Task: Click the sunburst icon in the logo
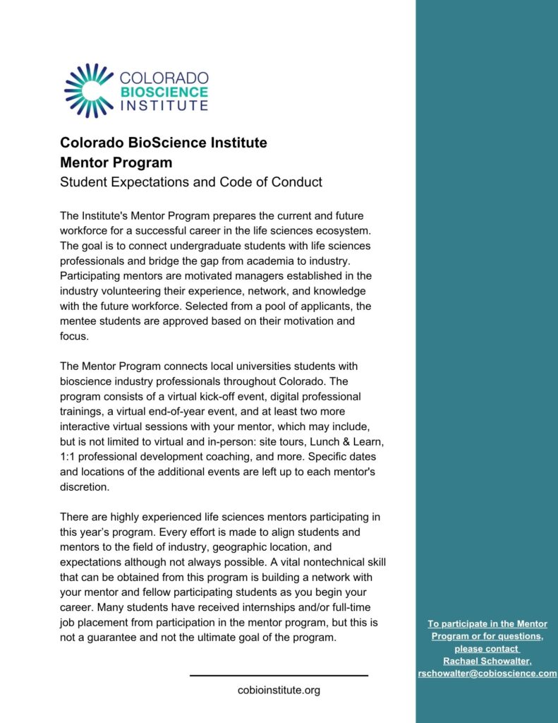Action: pyautogui.click(x=89, y=90)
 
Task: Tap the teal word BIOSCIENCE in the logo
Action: pyautogui.click(x=164, y=92)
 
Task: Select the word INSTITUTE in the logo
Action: pyautogui.click(x=164, y=106)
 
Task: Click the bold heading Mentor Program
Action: pyautogui.click(x=116, y=162)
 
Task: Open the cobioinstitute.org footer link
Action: pyautogui.click(x=279, y=690)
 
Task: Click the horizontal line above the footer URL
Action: pyautogui.click(x=279, y=676)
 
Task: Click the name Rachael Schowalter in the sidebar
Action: pyautogui.click(x=487, y=661)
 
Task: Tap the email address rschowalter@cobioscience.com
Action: pyautogui.click(x=487, y=674)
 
